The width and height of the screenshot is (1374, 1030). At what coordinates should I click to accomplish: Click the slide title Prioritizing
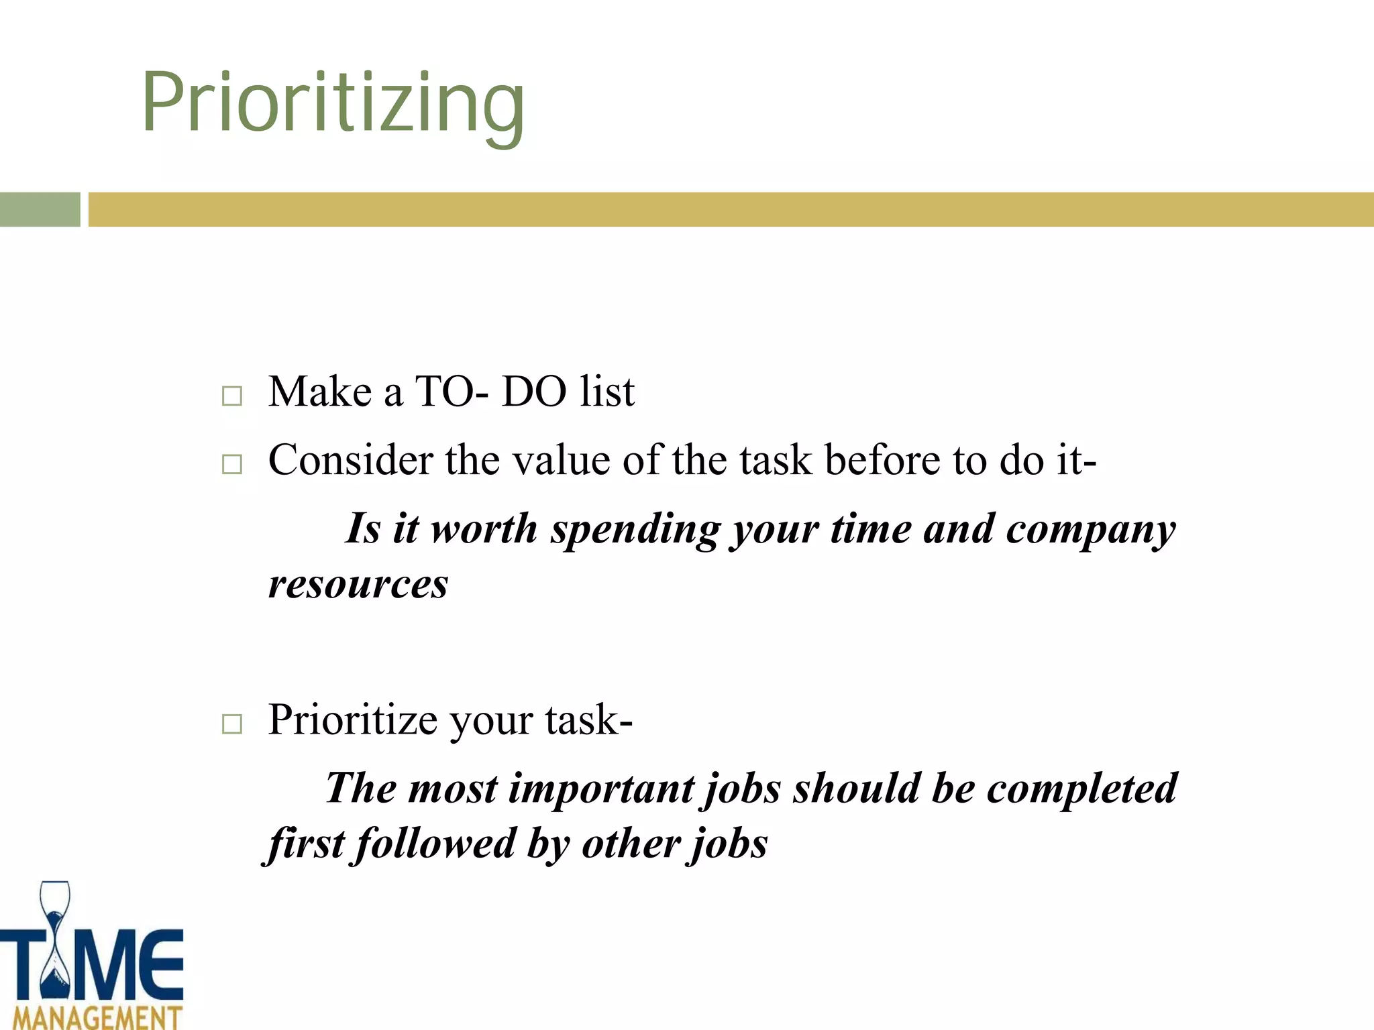(333, 104)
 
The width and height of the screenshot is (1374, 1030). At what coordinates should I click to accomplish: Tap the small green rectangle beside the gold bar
(40, 209)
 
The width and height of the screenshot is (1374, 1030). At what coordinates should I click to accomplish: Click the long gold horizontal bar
(730, 209)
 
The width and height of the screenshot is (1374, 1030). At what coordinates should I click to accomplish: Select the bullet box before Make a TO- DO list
(232, 396)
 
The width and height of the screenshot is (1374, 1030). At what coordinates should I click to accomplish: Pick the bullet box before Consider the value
(232, 464)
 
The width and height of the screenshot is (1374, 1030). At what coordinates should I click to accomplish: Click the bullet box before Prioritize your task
(232, 724)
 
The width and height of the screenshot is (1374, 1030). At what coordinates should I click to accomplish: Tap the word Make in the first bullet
(319, 392)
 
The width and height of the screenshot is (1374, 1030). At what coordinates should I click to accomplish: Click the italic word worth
(484, 529)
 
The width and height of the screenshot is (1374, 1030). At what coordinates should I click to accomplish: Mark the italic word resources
(358, 584)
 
